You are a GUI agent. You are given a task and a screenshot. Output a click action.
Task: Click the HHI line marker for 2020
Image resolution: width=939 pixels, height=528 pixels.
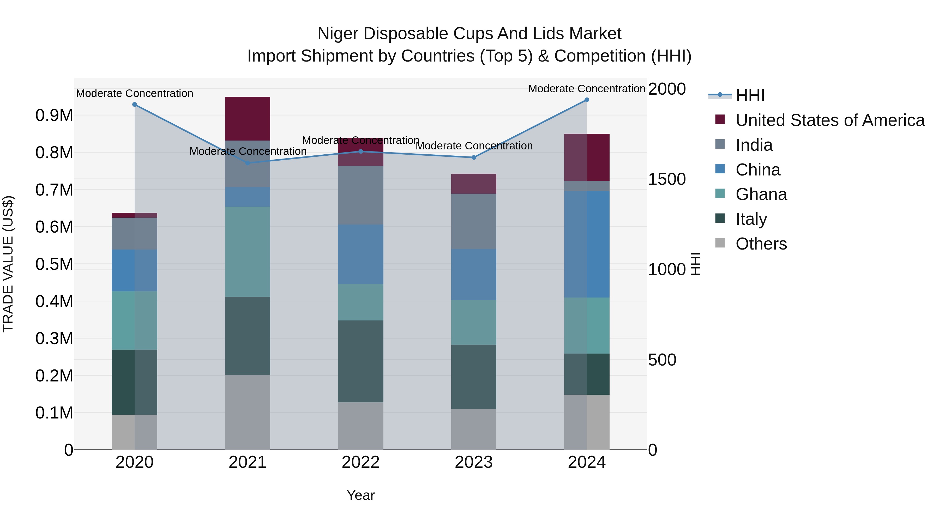point(135,105)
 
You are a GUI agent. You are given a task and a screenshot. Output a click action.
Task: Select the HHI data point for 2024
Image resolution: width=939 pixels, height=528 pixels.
point(587,100)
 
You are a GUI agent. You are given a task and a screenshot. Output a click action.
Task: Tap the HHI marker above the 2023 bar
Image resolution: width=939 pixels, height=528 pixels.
point(473,157)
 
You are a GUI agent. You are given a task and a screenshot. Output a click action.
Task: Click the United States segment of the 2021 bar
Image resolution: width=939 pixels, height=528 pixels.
point(248,118)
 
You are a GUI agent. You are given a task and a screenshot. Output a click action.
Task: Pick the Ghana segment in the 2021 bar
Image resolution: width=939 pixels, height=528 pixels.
point(248,251)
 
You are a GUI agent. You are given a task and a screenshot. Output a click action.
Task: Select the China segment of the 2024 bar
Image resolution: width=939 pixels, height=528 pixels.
point(587,244)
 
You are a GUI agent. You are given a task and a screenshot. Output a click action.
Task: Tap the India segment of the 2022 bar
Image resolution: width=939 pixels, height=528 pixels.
point(360,195)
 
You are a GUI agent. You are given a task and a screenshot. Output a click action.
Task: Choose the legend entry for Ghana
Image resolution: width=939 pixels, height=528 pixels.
point(761,194)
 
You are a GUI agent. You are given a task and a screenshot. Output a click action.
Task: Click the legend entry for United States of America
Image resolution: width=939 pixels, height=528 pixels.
point(830,120)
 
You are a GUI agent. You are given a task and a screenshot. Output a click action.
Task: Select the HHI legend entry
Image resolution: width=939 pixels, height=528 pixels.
point(750,95)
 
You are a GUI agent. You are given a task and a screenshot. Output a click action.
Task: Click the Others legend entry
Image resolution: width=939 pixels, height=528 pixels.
point(761,244)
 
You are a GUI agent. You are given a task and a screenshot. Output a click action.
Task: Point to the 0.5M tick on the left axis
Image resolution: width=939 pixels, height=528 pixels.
point(54,264)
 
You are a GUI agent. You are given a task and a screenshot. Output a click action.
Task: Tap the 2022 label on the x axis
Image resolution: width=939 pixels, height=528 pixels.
point(360,462)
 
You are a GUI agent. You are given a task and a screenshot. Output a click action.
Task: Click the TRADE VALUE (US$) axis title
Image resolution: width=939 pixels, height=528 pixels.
point(8,264)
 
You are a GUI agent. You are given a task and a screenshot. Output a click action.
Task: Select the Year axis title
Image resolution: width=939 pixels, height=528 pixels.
point(360,495)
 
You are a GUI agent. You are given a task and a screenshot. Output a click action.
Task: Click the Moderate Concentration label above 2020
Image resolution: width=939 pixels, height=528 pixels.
point(135,93)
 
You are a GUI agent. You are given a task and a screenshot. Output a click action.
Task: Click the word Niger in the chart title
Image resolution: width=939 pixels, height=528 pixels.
point(338,34)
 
